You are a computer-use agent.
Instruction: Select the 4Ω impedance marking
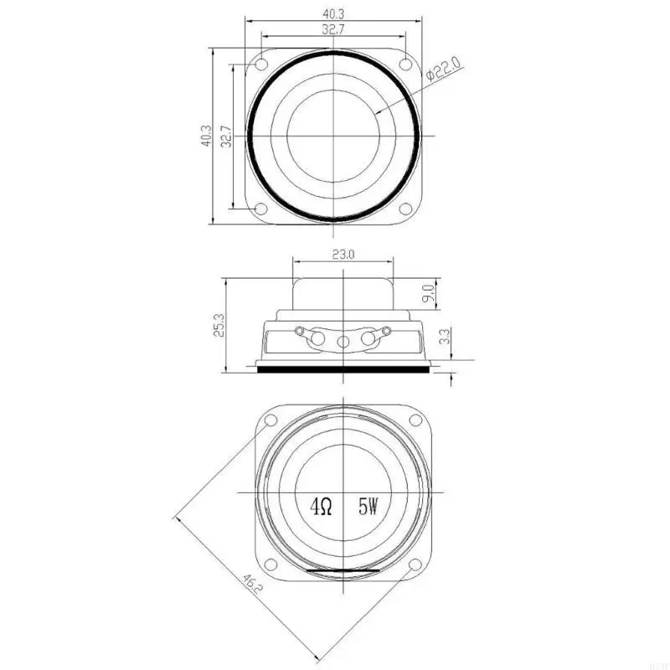[x=322, y=506]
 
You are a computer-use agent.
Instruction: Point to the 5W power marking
[x=368, y=506]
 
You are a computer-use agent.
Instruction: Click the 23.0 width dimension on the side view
[x=343, y=255]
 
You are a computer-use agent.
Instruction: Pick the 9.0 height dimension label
[x=428, y=293]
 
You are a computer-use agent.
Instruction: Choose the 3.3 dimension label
[x=445, y=338]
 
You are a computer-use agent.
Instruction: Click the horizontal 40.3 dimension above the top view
[x=333, y=13]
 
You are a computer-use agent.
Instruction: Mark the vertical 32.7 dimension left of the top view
[x=224, y=136]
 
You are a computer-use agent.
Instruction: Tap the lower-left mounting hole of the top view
[x=260, y=209]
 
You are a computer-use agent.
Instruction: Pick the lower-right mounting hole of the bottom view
[x=415, y=564]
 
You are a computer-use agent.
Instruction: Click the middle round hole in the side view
[x=343, y=342]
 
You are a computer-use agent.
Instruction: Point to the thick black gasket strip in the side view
[x=343, y=368]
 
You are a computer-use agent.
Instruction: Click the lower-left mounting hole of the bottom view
[x=271, y=564]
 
